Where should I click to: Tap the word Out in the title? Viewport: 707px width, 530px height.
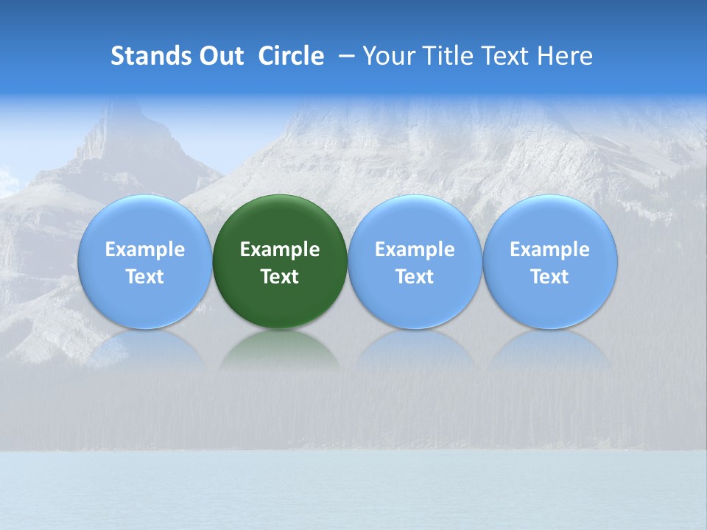click(219, 56)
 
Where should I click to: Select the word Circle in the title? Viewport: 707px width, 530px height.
click(291, 56)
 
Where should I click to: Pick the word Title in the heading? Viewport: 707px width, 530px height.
click(446, 56)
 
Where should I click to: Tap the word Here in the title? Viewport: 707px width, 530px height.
click(564, 56)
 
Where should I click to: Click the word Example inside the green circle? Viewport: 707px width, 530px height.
click(280, 250)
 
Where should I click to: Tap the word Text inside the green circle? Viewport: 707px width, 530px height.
click(280, 277)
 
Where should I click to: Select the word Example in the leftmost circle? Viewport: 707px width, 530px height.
click(144, 250)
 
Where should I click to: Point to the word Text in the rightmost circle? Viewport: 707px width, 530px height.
click(549, 277)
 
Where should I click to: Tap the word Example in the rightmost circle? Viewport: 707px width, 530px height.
click(549, 250)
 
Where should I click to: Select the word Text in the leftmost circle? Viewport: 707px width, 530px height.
click(144, 277)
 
